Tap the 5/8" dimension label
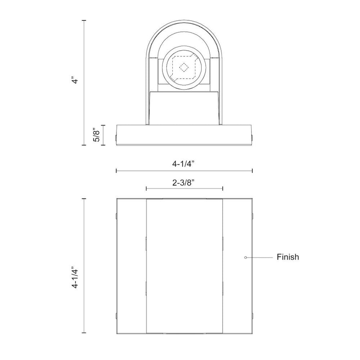pos(97,136)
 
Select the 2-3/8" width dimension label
pos(184,183)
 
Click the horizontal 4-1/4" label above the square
pos(184,164)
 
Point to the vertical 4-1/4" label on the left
pos(75,277)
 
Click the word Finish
pos(288,257)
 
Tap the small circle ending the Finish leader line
pos(246,258)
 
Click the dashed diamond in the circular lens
pos(184,67)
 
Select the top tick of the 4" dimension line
pos(84,20)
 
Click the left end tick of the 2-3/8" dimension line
pos(146,189)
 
